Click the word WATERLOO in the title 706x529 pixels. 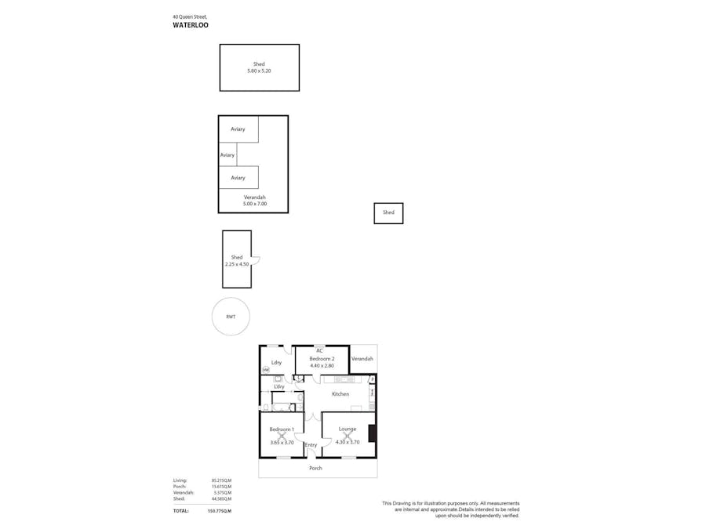[191, 24]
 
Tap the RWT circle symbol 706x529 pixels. [231, 317]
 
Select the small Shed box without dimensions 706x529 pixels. [388, 213]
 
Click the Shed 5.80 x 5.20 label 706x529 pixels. [259, 67]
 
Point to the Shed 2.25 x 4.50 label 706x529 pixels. [236, 261]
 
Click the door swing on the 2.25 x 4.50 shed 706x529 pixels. [255, 262]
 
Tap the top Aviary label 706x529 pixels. [238, 129]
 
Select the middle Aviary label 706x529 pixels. [227, 155]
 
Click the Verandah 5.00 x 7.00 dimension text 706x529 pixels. [255, 204]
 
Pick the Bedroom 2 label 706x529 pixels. [322, 358]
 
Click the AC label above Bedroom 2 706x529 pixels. [319, 350]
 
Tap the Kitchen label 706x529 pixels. [340, 393]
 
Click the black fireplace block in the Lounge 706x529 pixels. [373, 433]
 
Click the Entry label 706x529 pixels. [311, 445]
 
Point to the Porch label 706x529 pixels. [315, 468]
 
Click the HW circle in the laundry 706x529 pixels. [265, 370]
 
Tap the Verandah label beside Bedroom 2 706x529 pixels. [362, 359]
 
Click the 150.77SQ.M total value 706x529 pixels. [219, 511]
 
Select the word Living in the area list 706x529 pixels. [180, 480]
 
